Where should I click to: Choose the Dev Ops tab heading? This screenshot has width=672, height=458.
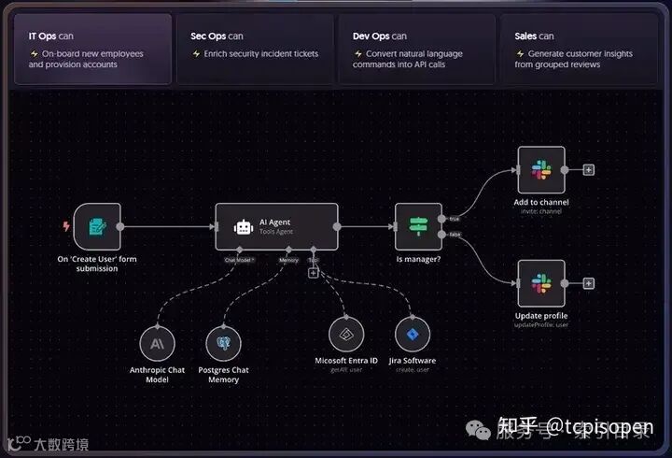(x=379, y=36)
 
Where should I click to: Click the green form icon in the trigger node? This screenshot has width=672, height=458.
(x=97, y=226)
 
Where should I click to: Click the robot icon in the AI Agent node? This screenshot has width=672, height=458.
(x=244, y=226)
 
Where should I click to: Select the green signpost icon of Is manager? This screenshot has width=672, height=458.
(x=417, y=226)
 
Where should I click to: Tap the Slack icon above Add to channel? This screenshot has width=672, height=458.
(x=541, y=170)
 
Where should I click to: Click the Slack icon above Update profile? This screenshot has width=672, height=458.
(x=541, y=283)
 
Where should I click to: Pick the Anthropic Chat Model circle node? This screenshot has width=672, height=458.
(x=156, y=343)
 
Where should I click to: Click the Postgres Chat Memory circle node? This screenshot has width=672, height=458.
(x=222, y=343)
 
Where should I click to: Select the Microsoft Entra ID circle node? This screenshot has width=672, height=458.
(x=346, y=334)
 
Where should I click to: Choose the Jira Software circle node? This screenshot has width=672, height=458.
(x=412, y=334)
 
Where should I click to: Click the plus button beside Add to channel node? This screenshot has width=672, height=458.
(x=589, y=170)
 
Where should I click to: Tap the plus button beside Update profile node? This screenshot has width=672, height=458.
(x=589, y=283)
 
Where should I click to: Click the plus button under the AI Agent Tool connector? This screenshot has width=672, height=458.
(x=314, y=273)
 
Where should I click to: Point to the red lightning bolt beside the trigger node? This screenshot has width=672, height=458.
(x=65, y=225)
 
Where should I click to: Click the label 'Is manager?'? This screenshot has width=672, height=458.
(x=418, y=259)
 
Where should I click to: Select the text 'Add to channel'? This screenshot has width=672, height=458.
(x=541, y=202)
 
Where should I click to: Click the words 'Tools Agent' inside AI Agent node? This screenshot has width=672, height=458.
(x=276, y=232)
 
